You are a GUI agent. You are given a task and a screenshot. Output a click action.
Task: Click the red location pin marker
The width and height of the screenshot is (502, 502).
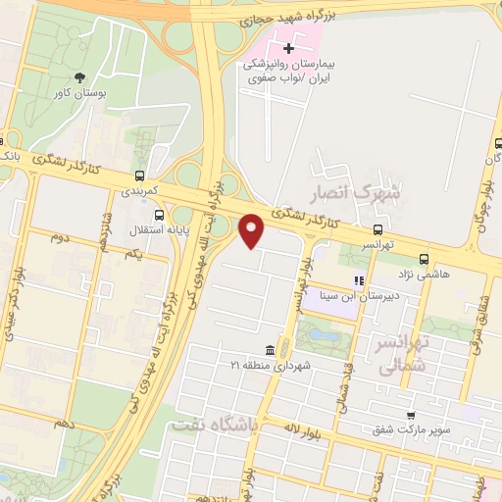[x=253, y=229]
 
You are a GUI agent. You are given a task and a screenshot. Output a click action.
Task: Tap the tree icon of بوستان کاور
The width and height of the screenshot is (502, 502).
[x=78, y=77]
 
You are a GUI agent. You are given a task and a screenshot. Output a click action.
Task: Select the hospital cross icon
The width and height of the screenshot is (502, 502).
[x=288, y=48]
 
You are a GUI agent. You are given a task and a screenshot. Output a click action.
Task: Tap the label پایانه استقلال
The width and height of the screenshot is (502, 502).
[x=159, y=231]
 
